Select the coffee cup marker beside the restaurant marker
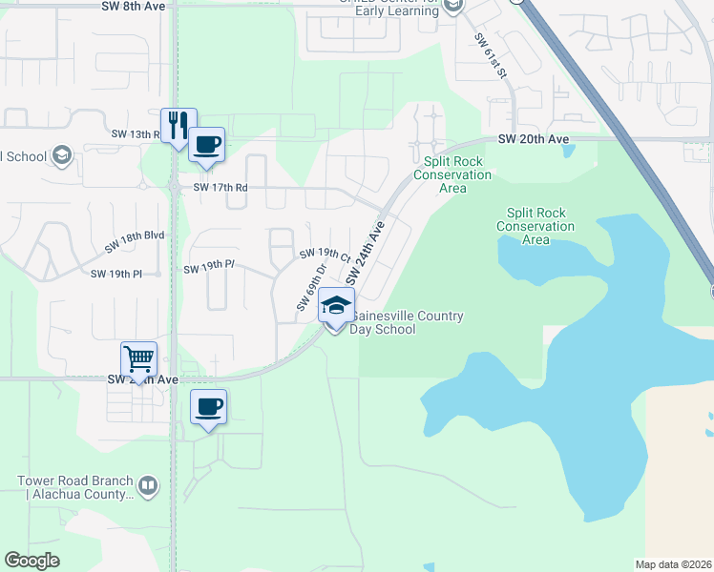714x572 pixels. pyautogui.click(x=207, y=145)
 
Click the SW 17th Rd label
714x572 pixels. pyautogui.click(x=220, y=188)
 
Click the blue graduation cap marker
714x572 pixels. pyautogui.click(x=335, y=305)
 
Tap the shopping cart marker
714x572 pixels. pyautogui.click(x=139, y=359)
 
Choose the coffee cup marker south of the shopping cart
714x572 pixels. pyautogui.click(x=208, y=407)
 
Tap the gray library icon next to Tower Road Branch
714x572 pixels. pyautogui.click(x=148, y=487)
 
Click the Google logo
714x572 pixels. pyautogui.click(x=32, y=561)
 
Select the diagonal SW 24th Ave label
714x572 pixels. pyautogui.click(x=365, y=255)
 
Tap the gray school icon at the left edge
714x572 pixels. pyautogui.click(x=62, y=156)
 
